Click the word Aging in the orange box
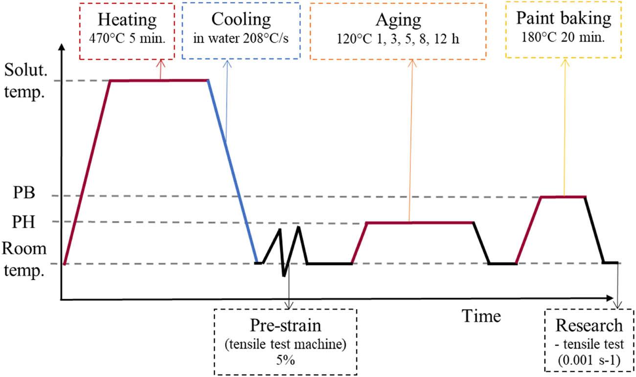(x=397, y=21)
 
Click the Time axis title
(x=481, y=316)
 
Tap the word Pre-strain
(x=286, y=327)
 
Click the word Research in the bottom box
(x=589, y=326)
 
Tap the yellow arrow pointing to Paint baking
(x=565, y=127)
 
